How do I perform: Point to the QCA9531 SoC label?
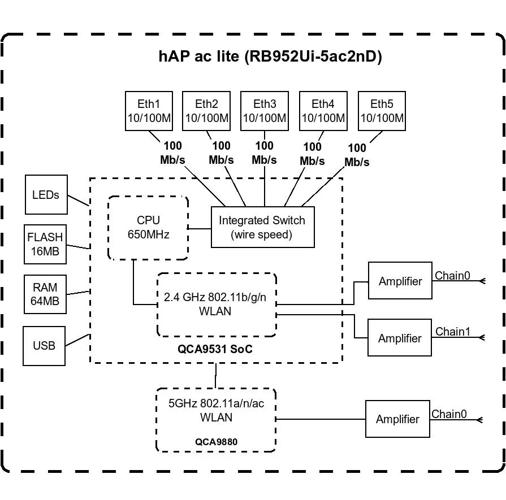[215, 349]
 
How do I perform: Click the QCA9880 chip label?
[216, 442]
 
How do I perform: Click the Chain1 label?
[452, 332]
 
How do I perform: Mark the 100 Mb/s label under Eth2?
[221, 153]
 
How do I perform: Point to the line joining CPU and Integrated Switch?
[200, 229]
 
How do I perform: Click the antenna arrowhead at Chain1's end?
[482, 338]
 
